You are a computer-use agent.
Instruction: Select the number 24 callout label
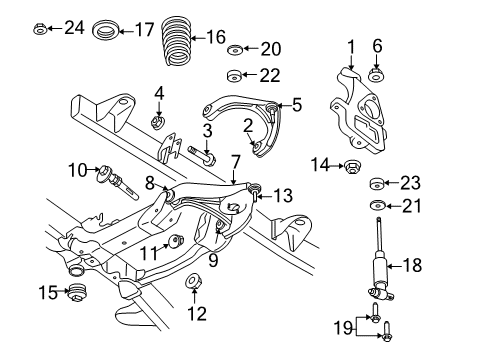point(74,27)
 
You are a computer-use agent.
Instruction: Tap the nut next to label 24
point(38,28)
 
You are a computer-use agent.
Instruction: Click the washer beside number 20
point(235,50)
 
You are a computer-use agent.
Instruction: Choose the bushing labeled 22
point(236,74)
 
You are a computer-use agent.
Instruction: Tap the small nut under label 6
point(377,76)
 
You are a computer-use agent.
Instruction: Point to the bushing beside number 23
point(378,183)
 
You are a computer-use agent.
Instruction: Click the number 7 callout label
point(235,160)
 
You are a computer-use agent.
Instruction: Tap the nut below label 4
point(157,123)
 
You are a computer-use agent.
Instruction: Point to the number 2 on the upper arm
point(246,124)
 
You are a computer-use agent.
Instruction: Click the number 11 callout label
point(146,252)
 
